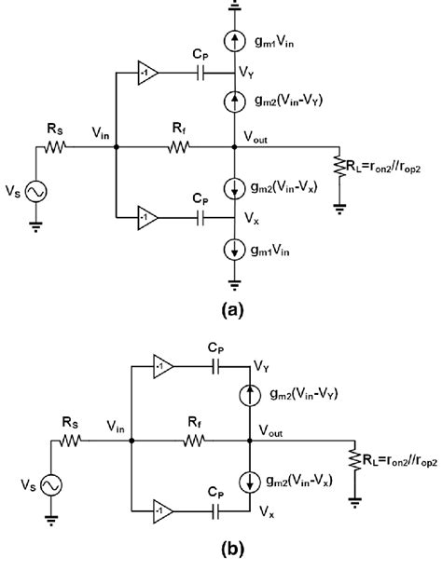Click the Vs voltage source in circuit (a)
pyautogui.click(x=36, y=192)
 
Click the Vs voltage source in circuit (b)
pyautogui.click(x=51, y=485)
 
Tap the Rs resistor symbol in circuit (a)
pyautogui.click(x=55, y=147)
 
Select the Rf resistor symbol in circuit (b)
pyautogui.click(x=194, y=441)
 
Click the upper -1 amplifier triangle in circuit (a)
pyautogui.click(x=147, y=73)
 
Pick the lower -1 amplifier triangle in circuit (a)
pyautogui.click(x=147, y=218)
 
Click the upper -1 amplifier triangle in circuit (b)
pyautogui.click(x=162, y=366)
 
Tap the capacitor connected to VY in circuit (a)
pyautogui.click(x=200, y=73)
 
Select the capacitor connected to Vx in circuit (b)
pyautogui.click(x=215, y=511)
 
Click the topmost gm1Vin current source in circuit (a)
pyautogui.click(x=234, y=41)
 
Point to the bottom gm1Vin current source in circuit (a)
pyautogui.click(x=234, y=250)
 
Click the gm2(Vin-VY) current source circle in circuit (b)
pyautogui.click(x=250, y=395)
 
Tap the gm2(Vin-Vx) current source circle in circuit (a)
pyautogui.click(x=234, y=189)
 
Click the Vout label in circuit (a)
pyautogui.click(x=256, y=138)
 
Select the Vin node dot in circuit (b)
pyautogui.click(x=131, y=441)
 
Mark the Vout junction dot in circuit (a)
pyautogui.click(x=234, y=147)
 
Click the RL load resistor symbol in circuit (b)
pyautogui.click(x=355, y=461)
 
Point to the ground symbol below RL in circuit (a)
pyautogui.click(x=339, y=209)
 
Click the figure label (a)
pyautogui.click(x=232, y=309)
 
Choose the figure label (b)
pyautogui.click(x=232, y=548)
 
